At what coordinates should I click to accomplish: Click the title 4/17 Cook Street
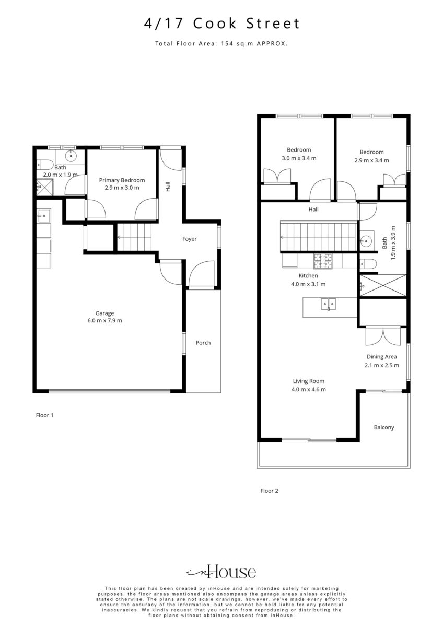coord(221,23)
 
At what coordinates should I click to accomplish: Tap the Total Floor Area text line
coord(221,43)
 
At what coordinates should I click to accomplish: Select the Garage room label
coord(104,313)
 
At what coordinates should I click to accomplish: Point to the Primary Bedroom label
coord(122,180)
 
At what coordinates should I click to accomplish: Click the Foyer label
coord(190,239)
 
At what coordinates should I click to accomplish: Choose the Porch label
coord(203,343)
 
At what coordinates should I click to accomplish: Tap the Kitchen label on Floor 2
coord(308,276)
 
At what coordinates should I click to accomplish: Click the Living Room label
coord(309,381)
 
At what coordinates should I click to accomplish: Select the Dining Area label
coord(382,357)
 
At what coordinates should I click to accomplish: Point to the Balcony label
coord(384,427)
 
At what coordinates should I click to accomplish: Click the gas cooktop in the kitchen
coord(323,261)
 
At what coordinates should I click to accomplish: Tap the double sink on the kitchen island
coord(329,304)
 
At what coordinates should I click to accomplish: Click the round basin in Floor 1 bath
coord(71,155)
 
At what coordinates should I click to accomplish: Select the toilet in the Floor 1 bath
coord(45,165)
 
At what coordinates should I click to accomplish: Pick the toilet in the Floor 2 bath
coord(368,264)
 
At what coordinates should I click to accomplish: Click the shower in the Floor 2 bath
coord(382,285)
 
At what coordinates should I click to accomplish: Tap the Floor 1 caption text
coord(44,415)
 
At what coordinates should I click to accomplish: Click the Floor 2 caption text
coord(269,491)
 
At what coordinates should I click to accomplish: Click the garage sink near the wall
coord(43,216)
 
